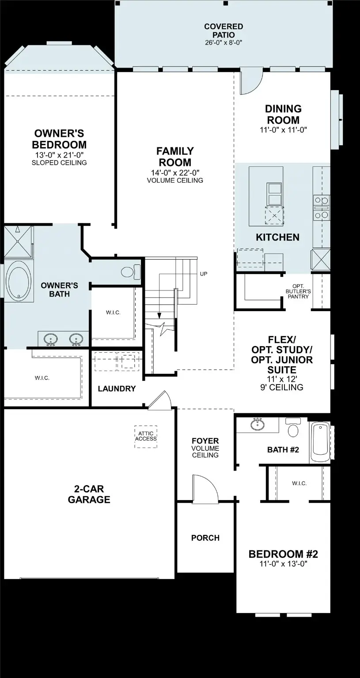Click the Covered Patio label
tap(223, 30)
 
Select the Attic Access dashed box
tap(146, 436)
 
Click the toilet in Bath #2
tap(292, 428)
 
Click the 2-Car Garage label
tap(89, 494)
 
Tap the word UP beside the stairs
tap(204, 274)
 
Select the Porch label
tap(205, 538)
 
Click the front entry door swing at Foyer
tap(205, 489)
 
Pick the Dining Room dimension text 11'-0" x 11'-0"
tap(283, 130)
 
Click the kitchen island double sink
tap(275, 194)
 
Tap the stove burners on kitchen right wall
tap(321, 207)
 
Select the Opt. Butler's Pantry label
tap(298, 291)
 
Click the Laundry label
tap(117, 389)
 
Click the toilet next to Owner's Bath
tap(130, 271)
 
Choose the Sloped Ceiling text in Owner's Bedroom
tap(59, 162)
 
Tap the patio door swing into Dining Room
tap(250, 84)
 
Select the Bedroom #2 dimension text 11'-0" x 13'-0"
tap(283, 564)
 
